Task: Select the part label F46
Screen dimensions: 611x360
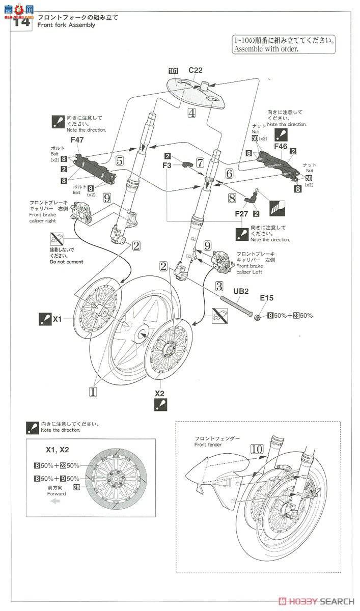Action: click(281, 146)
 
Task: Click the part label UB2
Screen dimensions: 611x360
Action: click(240, 291)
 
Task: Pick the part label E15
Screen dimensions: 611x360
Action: click(267, 298)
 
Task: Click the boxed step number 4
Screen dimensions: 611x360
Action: click(191, 113)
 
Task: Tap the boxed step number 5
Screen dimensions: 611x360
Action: click(119, 161)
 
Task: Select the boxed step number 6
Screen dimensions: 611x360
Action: click(229, 173)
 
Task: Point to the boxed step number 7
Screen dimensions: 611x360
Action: click(200, 163)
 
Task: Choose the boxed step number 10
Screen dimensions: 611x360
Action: click(257, 449)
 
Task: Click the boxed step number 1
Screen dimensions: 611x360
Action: click(93, 392)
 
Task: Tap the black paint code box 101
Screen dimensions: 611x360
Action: click(173, 70)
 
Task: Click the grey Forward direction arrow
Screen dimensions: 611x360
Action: click(56, 501)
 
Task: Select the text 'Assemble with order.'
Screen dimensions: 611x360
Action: click(265, 49)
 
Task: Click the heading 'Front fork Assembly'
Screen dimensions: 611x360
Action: click(66, 25)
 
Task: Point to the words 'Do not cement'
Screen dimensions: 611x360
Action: click(67, 262)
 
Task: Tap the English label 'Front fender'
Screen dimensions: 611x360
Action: click(209, 445)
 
